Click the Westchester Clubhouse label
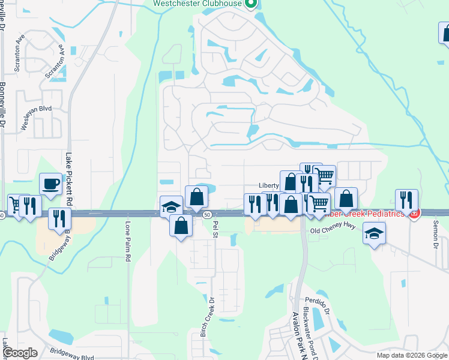tap(197, 3)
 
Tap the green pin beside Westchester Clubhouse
tap(252, 4)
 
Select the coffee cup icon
tap(50, 184)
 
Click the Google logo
tap(20, 353)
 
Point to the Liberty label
tap(270, 186)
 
